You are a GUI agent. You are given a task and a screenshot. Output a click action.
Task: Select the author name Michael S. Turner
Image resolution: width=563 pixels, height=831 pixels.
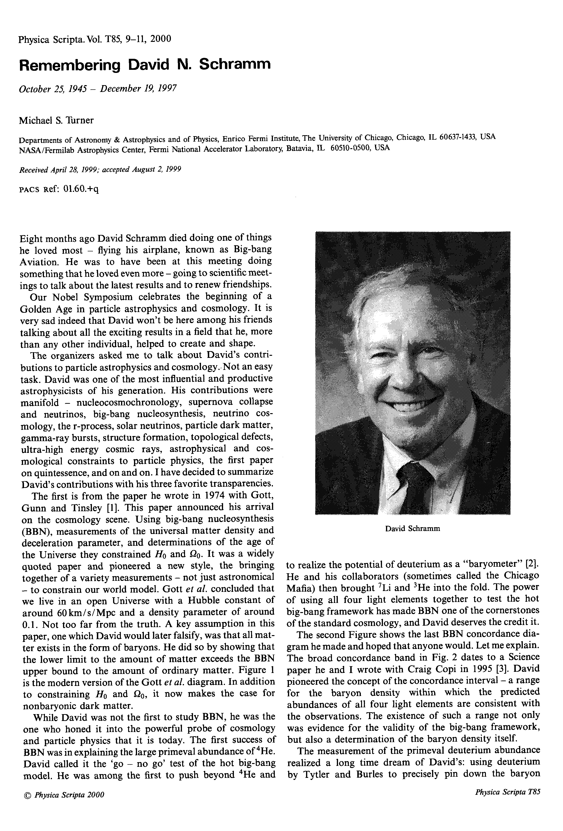pyautogui.click(x=56, y=120)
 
